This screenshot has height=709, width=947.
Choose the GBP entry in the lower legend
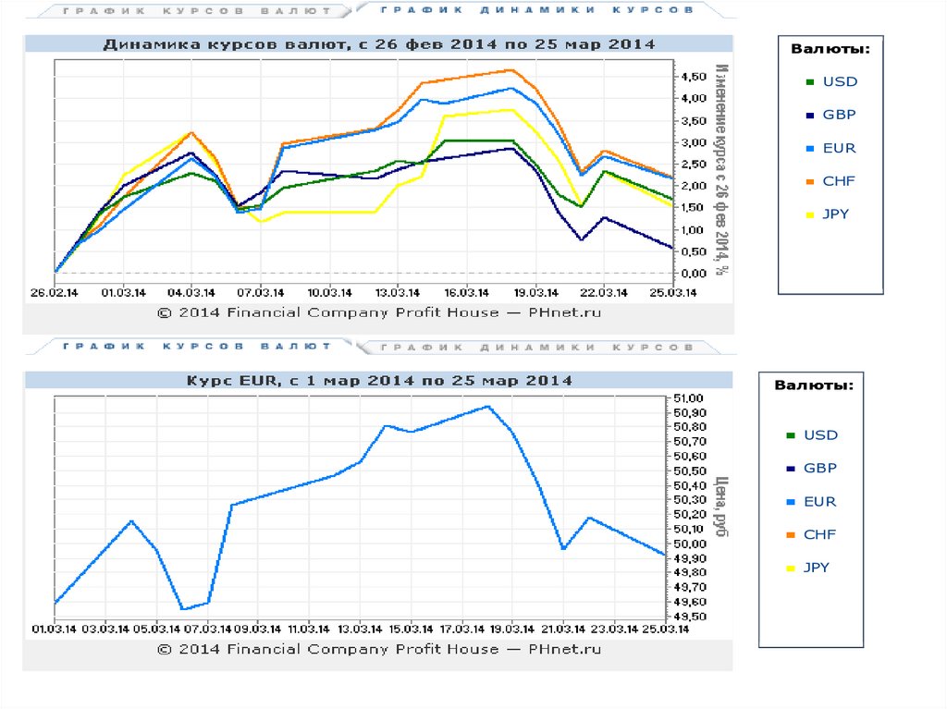pos(819,469)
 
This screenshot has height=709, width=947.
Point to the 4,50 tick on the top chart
pos(693,77)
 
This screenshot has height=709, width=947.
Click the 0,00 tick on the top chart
pos(693,274)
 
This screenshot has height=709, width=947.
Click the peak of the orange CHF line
pos(511,69)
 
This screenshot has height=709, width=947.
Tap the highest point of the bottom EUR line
pos(488,406)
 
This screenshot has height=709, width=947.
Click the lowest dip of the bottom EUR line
pos(183,609)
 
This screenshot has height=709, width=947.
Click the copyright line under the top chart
pos(379,312)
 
